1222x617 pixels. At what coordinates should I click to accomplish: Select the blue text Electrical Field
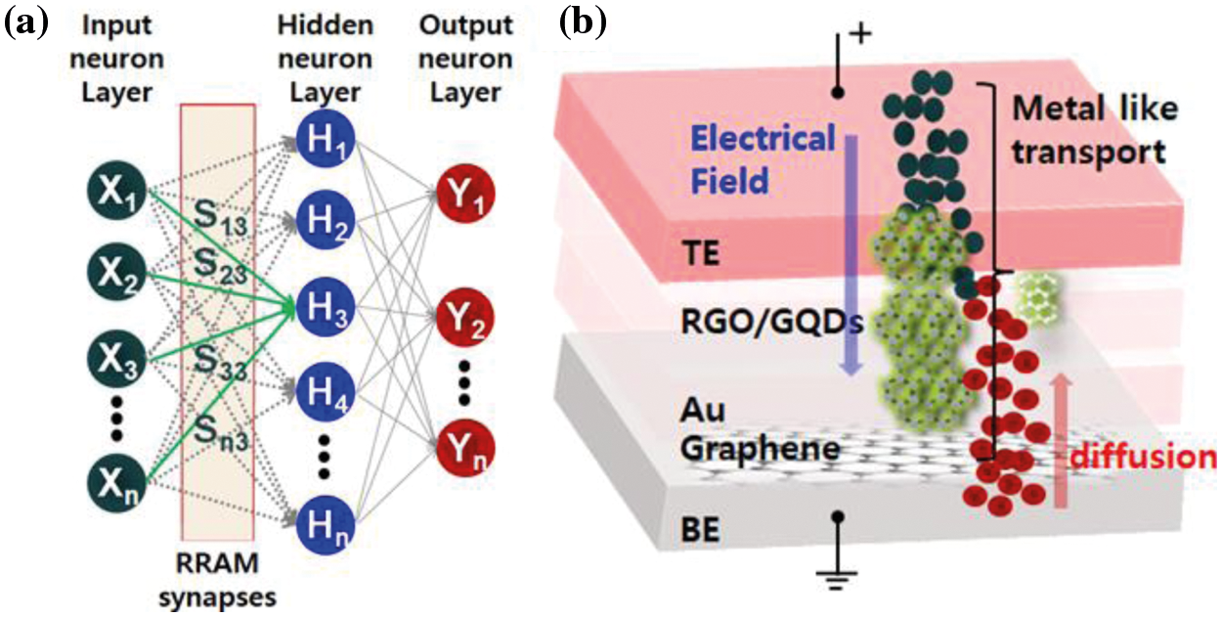[763, 159]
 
